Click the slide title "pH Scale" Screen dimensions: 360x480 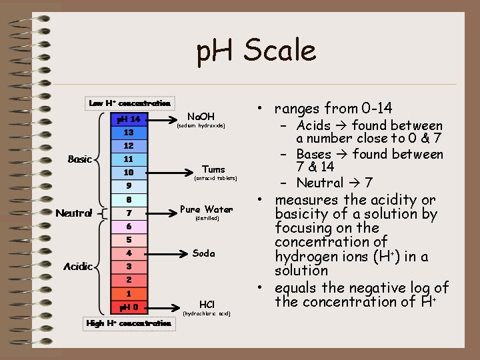pyautogui.click(x=256, y=51)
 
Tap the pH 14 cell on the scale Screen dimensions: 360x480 pyautogui.click(x=129, y=119)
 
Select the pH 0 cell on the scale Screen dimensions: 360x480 pyautogui.click(x=129, y=307)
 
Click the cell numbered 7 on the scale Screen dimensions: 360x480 pyautogui.click(x=129, y=213)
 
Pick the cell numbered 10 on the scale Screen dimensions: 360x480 pyautogui.click(x=129, y=173)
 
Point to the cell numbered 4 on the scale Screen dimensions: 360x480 pyautogui.click(x=129, y=253)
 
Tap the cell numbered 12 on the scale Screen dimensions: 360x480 pyautogui.click(x=129, y=145)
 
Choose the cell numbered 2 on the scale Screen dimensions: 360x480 pyautogui.click(x=129, y=280)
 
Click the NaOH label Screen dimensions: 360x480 pyautogui.click(x=201, y=117)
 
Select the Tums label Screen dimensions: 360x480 pyautogui.click(x=214, y=169)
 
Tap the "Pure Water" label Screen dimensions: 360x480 pyautogui.click(x=207, y=209)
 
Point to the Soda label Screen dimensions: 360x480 pyautogui.click(x=204, y=253)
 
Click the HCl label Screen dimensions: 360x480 pyautogui.click(x=207, y=303)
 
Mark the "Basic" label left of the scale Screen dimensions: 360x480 pyautogui.click(x=80, y=159)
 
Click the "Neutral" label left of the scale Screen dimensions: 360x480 pyautogui.click(x=74, y=213)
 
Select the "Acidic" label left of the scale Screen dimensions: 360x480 pyautogui.click(x=77, y=267)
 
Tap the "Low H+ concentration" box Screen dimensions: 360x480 pyautogui.click(x=130, y=103)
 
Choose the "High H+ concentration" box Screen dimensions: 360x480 pyautogui.click(x=129, y=323)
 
